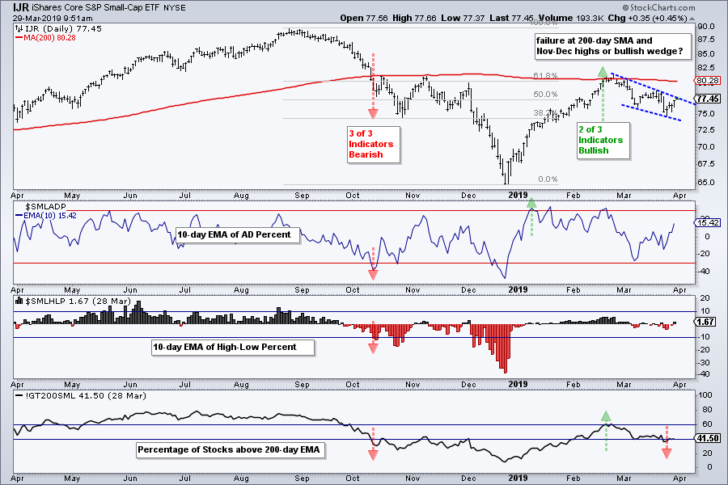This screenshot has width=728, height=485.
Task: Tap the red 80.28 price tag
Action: pos(709,80)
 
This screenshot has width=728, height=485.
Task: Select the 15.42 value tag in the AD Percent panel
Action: pos(709,222)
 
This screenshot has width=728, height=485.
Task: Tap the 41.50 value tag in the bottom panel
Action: pos(709,439)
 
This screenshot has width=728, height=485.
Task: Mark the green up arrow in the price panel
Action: pos(603,72)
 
